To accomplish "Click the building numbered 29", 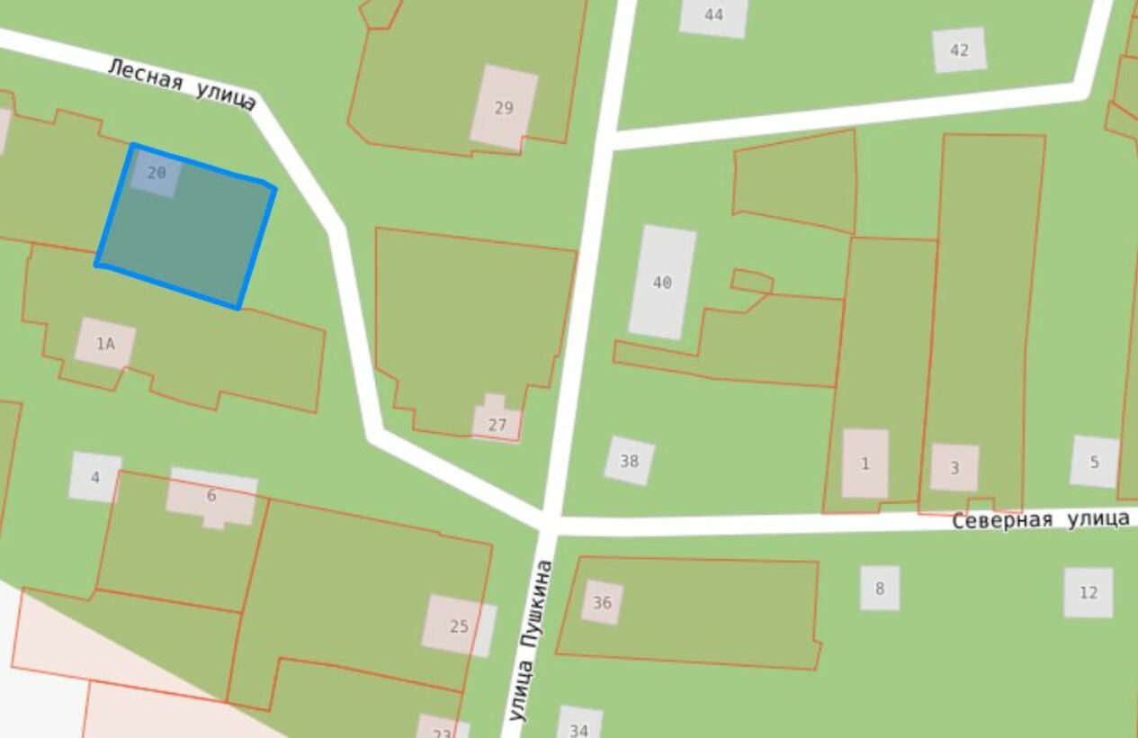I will pos(504,107).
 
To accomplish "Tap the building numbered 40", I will pos(662,283).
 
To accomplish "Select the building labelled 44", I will pos(713,15).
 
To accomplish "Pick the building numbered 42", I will pos(959,49).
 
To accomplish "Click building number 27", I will pos(497,423).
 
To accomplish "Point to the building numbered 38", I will pos(629,461).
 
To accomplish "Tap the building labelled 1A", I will pos(105,343).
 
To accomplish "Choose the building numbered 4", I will pos(94,477).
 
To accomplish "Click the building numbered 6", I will pos(212,497).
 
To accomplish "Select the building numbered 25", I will pos(459,625).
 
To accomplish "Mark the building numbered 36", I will pos(602,602).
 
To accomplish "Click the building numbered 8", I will pos(879,588).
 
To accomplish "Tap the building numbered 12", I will pos(1088,592).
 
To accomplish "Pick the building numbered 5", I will pos(1094,462).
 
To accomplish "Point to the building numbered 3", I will pos(954,467).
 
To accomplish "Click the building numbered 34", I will pos(579,726).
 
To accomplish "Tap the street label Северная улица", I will pos(1040,519).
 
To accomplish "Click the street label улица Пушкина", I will pos(530,640).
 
